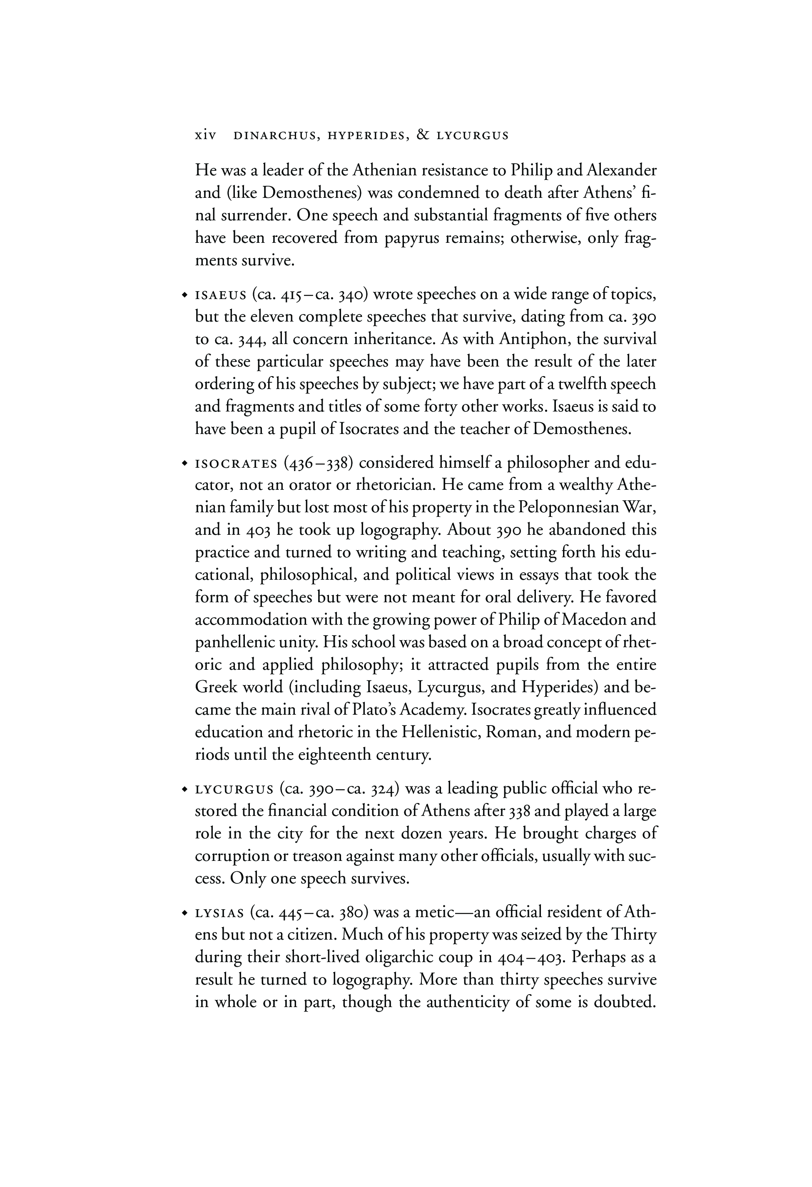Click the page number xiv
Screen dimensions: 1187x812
(x=206, y=136)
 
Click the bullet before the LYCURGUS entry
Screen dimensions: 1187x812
(x=184, y=790)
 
